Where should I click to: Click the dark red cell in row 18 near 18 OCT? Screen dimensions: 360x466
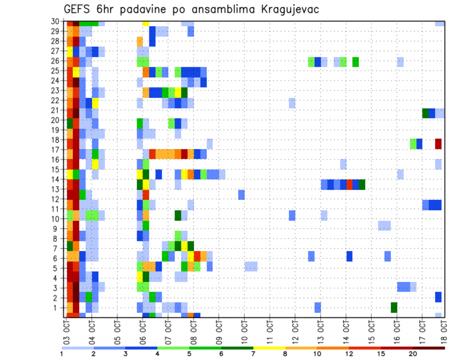pos(438,144)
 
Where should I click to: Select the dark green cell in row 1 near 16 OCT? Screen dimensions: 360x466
pos(394,307)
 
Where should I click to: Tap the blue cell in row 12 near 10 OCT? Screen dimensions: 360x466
pos(241,195)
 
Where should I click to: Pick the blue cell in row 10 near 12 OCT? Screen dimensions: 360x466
pos(292,215)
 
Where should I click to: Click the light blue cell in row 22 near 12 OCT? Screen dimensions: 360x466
pos(292,103)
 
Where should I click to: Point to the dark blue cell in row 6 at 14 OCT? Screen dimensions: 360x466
pos(349,256)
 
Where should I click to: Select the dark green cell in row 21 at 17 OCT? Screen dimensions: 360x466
pos(425,113)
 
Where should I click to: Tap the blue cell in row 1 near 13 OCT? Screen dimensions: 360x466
pos(317,307)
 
